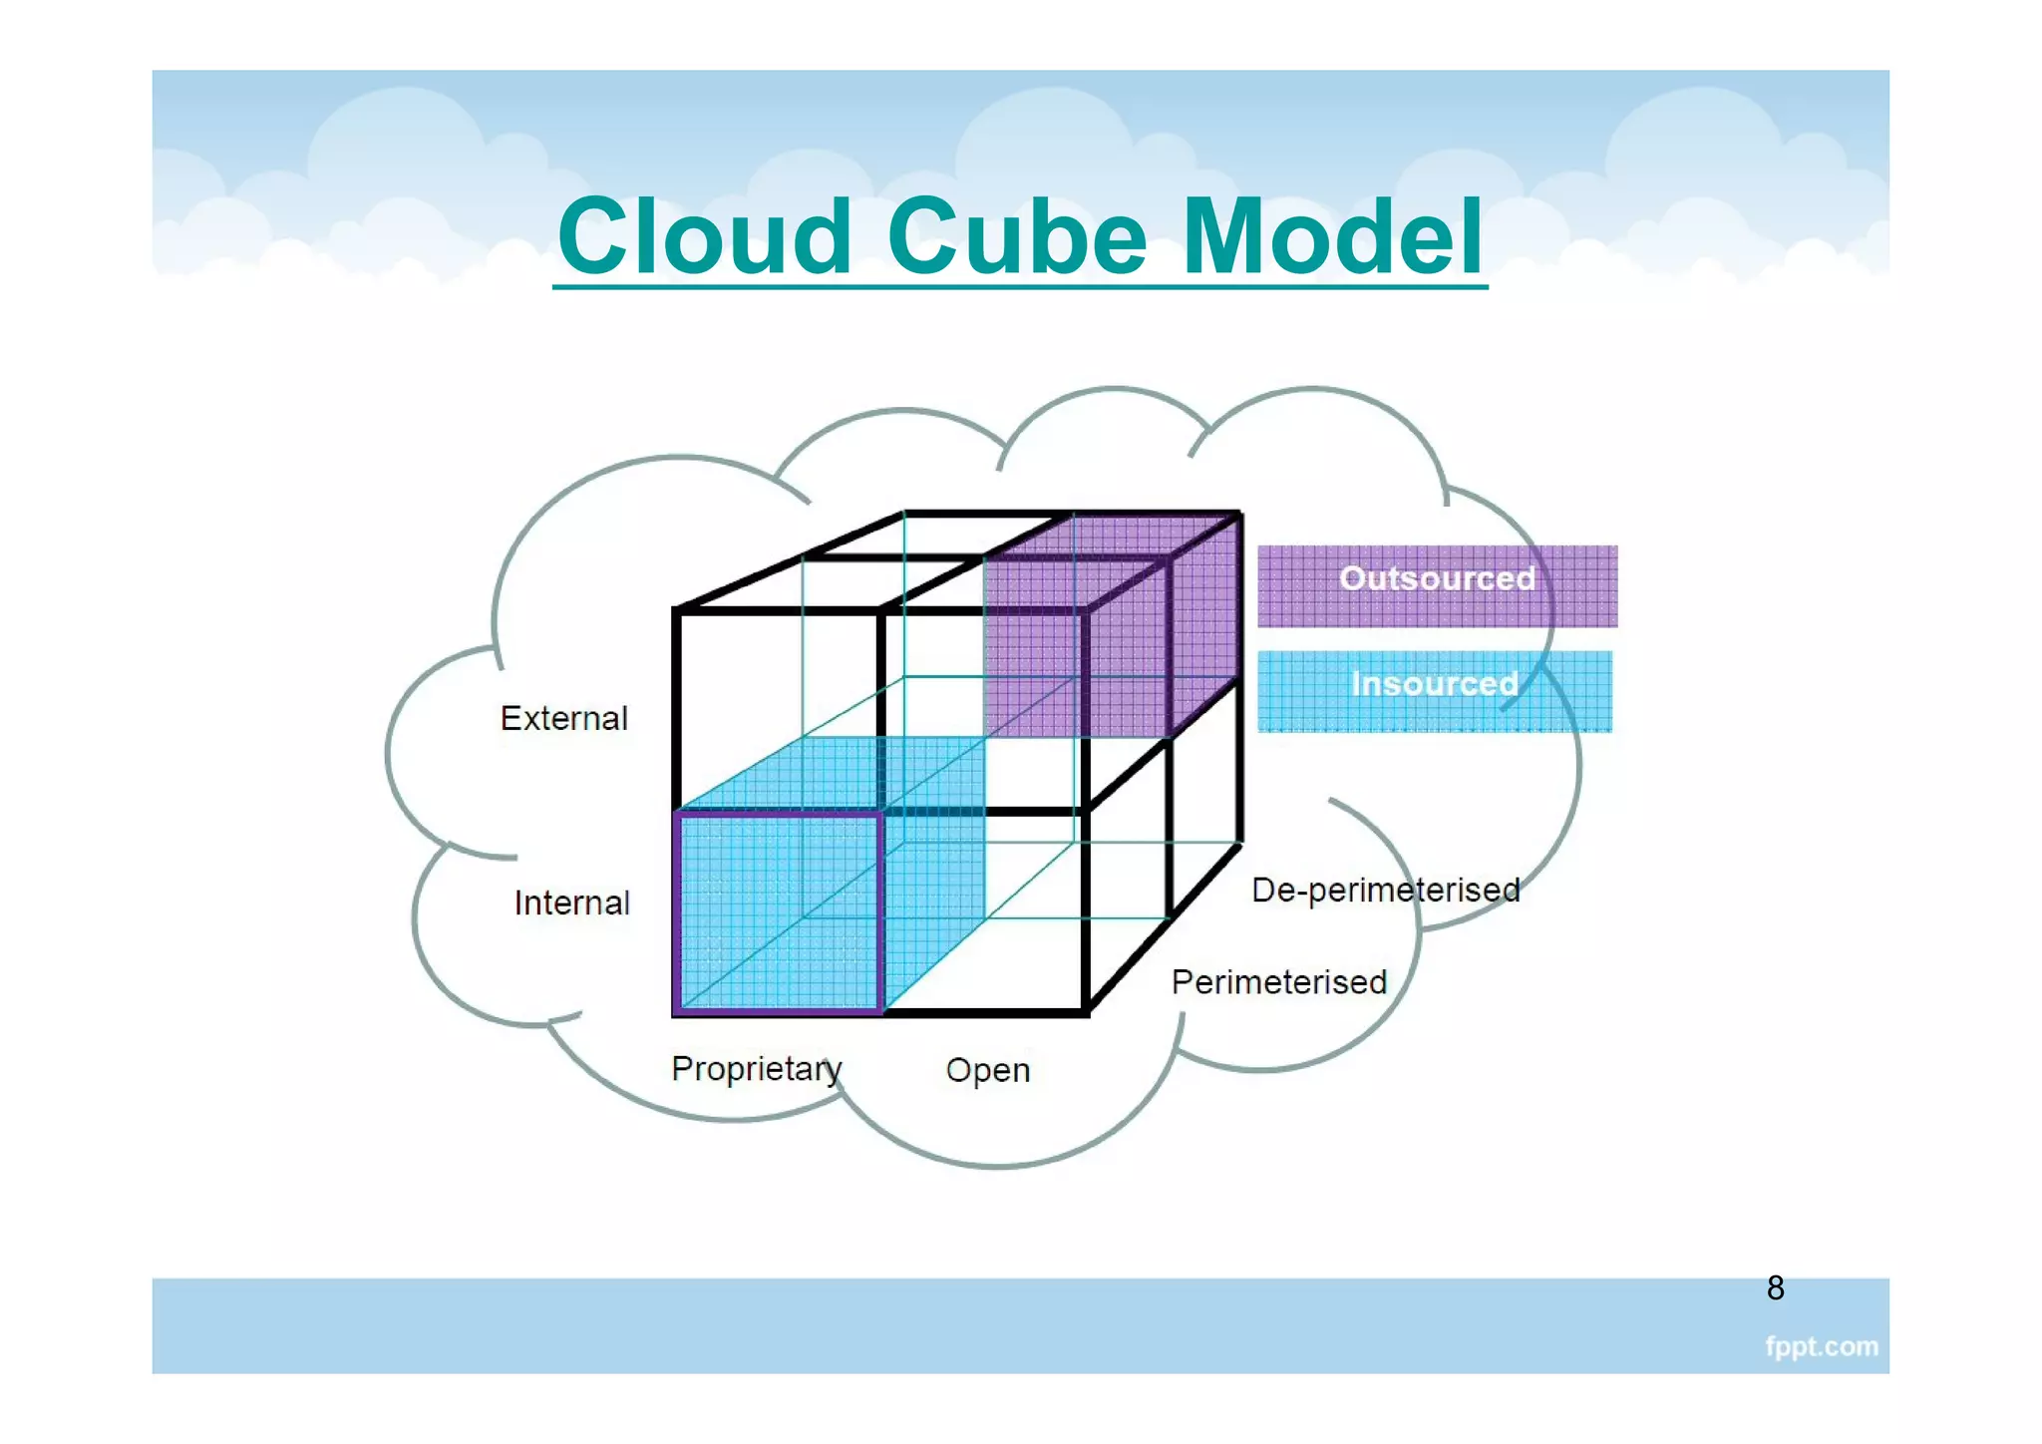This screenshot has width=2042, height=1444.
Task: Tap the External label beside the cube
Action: tap(563, 718)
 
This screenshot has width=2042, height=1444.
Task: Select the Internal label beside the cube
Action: tap(571, 902)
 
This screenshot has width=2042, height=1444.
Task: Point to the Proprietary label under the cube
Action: tap(756, 1068)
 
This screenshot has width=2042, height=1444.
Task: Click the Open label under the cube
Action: tap(987, 1070)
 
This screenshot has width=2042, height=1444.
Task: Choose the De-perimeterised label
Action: tap(1385, 890)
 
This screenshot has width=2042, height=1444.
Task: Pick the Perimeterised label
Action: tap(1278, 982)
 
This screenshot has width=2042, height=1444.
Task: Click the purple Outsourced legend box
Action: tap(1436, 586)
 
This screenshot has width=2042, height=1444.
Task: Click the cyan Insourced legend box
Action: tap(1434, 691)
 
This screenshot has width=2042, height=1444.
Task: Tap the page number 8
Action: tap(1775, 1287)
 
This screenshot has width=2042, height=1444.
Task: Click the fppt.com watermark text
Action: tap(1821, 1346)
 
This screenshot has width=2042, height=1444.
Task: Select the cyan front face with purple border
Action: tap(778, 912)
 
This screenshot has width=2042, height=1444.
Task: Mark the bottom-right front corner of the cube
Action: tap(1086, 1013)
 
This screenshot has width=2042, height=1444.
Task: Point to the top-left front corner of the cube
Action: tap(677, 609)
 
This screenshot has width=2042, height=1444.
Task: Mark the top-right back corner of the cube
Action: tap(1239, 514)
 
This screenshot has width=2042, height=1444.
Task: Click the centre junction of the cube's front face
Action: tap(881, 813)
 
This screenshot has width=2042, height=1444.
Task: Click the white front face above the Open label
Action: tap(984, 912)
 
